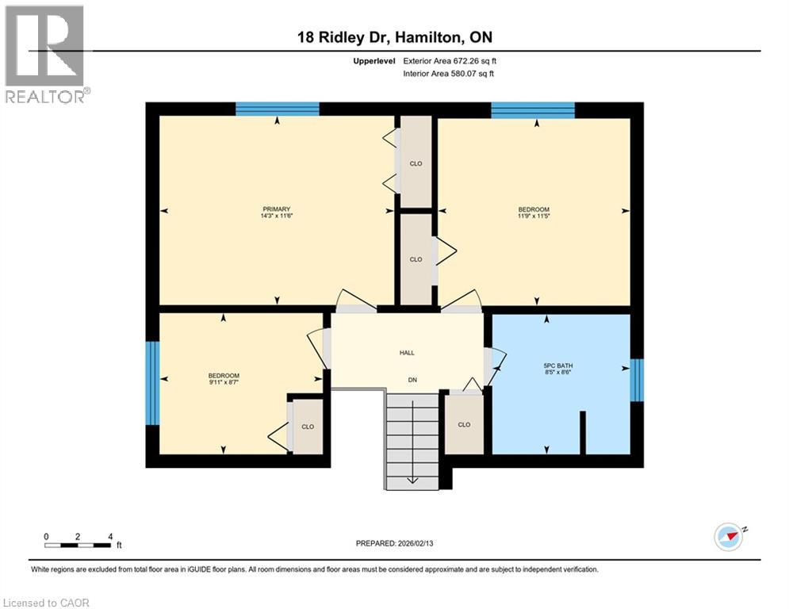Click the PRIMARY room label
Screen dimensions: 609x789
277,209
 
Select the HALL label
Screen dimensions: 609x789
407,353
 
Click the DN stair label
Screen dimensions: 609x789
412,380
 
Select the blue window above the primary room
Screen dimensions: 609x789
278,109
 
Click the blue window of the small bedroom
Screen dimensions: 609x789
152,383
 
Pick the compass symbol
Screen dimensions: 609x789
727,536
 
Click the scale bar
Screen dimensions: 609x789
78,545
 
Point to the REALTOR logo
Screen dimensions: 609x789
45,54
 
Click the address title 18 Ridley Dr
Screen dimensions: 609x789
394,37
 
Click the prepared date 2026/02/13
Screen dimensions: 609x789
394,543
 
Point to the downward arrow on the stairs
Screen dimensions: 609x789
412,478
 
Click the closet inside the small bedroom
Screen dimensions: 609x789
308,427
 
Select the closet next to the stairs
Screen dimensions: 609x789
464,424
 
